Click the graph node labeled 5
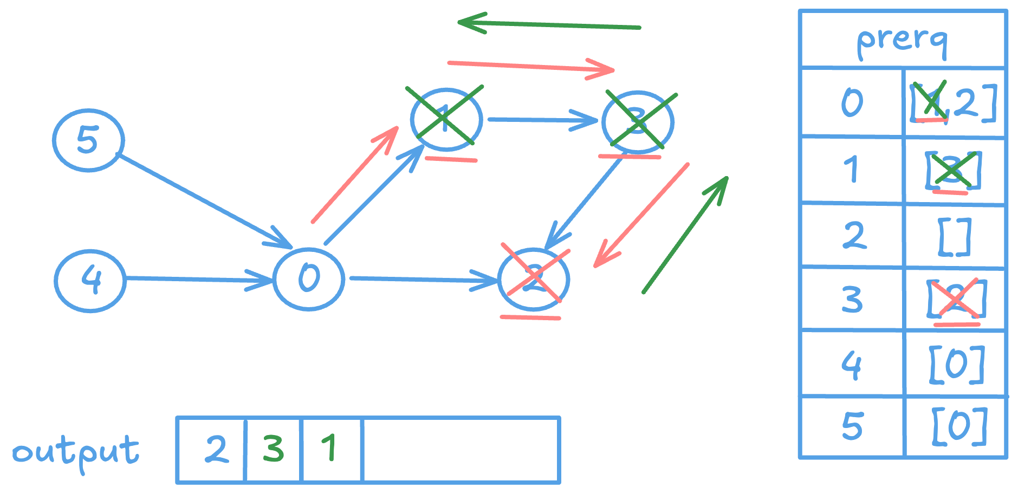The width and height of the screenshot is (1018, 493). pos(88,140)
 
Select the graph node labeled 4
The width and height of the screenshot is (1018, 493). pos(90,280)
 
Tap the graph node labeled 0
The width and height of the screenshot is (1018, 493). pos(308,278)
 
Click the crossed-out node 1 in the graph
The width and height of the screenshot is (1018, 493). pos(446,119)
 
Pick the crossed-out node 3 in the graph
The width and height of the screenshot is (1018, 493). pos(638,121)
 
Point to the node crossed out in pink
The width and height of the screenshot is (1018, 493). pos(534,279)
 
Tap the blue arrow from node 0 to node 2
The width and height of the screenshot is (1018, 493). pos(423,280)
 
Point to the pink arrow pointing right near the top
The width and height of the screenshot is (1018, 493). pos(531,67)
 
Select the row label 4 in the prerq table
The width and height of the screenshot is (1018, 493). pos(851,364)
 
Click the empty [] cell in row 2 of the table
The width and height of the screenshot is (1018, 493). pos(955,237)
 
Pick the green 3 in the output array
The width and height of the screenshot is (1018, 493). pos(273,449)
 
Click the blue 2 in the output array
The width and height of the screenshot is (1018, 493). pos(216,449)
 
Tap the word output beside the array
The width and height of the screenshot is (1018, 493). pos(76,452)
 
